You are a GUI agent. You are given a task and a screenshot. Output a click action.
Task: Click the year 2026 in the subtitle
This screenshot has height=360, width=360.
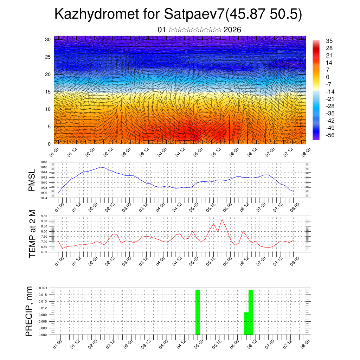pos(232,30)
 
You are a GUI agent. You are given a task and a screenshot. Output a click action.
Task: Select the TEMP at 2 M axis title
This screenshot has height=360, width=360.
pos(32,233)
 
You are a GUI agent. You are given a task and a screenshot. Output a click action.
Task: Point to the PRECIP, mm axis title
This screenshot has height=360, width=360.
pos(29,311)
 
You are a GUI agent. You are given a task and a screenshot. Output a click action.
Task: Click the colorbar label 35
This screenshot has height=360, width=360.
pos(329,41)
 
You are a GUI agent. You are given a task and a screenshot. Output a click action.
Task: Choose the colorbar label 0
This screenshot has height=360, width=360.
pos(328,77)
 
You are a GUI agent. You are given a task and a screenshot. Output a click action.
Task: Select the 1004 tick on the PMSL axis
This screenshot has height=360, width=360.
pos(44,198)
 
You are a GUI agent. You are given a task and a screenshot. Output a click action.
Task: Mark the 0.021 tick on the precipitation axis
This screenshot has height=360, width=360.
pos(43,288)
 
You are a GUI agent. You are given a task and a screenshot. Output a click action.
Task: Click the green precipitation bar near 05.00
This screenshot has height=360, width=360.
pos(198,312)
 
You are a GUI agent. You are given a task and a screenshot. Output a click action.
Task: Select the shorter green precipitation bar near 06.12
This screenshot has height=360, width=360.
pos(246,323)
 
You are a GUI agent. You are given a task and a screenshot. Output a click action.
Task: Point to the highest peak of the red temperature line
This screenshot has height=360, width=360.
pos(222,219)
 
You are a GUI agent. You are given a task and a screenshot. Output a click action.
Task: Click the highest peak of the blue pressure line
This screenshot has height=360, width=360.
pos(101,167)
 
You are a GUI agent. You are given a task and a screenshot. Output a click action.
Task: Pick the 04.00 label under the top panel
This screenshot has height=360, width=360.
pos(162,152)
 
